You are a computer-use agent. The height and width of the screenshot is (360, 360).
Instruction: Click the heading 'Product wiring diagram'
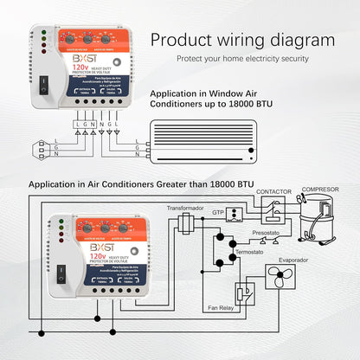coord(242,40)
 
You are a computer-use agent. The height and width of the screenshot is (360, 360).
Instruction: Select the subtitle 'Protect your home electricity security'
coord(241,59)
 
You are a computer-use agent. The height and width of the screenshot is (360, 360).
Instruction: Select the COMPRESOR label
coord(319,189)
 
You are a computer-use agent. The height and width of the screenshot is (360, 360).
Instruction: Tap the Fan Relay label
coord(222,307)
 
